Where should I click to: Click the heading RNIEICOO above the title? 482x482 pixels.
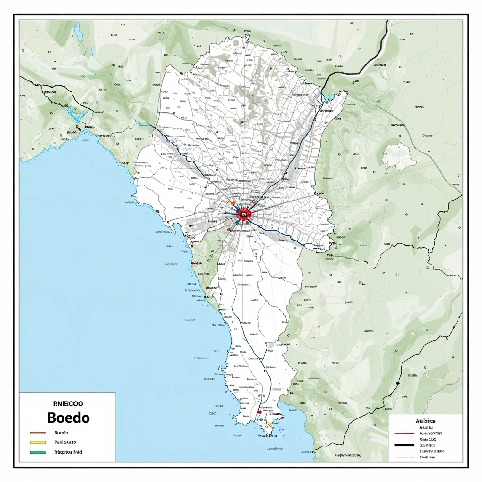68,403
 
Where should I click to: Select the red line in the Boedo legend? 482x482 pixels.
37,433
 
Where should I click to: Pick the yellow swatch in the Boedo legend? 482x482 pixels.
37,442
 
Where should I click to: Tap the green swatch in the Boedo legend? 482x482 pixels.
37,452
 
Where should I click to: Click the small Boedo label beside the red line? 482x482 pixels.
62,433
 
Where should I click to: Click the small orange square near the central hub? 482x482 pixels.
233,203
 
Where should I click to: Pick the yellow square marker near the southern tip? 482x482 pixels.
270,424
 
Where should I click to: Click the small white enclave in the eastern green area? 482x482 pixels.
399,157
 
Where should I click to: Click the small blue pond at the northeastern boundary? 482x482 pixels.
330,97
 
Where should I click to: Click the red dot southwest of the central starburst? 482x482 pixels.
229,230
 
